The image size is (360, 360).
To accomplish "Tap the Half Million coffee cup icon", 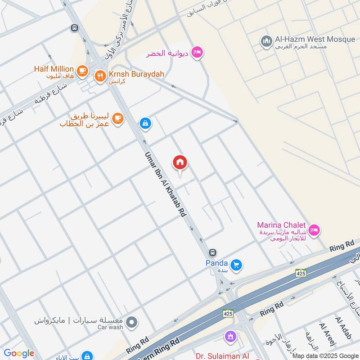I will pyautogui.click(x=81, y=70).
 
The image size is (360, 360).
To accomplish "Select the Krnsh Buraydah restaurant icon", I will pyautogui.click(x=100, y=76).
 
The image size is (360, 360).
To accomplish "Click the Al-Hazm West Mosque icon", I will pyautogui.click(x=266, y=41).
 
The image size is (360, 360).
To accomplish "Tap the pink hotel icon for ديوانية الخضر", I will pyautogui.click(x=197, y=53).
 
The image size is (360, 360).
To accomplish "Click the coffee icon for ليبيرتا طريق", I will pyautogui.click(x=118, y=119).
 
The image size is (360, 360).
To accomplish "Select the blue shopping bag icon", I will pyautogui.click(x=145, y=123).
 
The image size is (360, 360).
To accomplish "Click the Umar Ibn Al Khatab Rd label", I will pyautogui.click(x=165, y=184).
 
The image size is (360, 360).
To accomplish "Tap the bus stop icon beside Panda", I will pyautogui.click(x=213, y=252).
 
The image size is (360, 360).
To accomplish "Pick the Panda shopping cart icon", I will pyautogui.click(x=236, y=265).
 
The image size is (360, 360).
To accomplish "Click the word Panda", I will pyautogui.click(x=217, y=262).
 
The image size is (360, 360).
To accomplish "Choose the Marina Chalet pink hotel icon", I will pyautogui.click(x=315, y=229).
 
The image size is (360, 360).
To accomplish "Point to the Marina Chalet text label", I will pyautogui.click(x=281, y=225).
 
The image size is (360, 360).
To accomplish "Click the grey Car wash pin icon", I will pyautogui.click(x=132, y=322).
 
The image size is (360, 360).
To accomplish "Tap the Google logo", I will pyautogui.click(x=19, y=354).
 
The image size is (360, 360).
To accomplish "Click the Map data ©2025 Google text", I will pyautogui.click(x=325, y=355).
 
